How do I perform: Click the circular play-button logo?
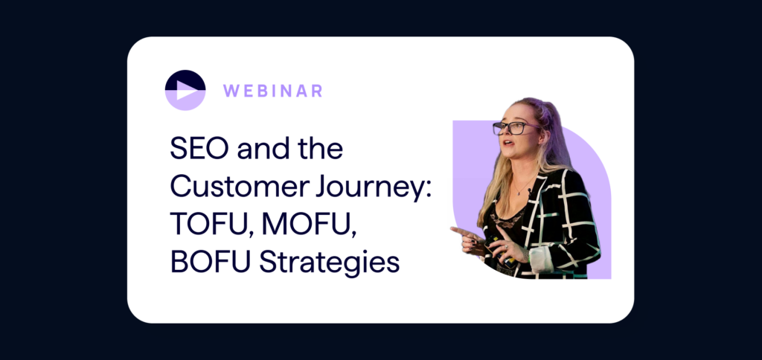click(x=185, y=90)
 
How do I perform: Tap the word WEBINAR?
click(x=272, y=91)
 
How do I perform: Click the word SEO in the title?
click(x=199, y=149)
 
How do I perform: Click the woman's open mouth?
click(x=506, y=144)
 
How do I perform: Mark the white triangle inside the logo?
click(x=186, y=90)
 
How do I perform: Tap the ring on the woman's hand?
click(x=505, y=247)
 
